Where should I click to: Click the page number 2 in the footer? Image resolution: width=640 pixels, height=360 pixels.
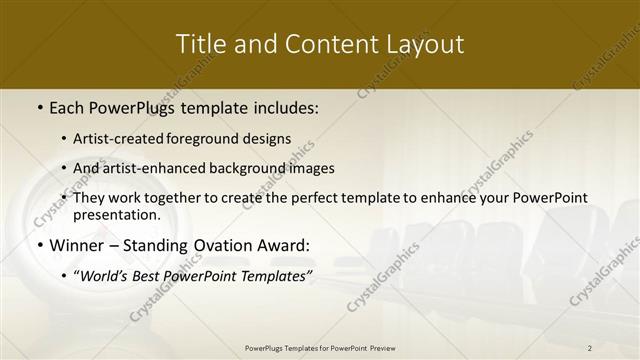(590, 348)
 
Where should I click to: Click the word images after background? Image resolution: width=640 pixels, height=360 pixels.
(311, 168)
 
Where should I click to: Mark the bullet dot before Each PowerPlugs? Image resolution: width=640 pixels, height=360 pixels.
(39, 106)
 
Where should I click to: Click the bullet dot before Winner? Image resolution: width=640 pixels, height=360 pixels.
(39, 245)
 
